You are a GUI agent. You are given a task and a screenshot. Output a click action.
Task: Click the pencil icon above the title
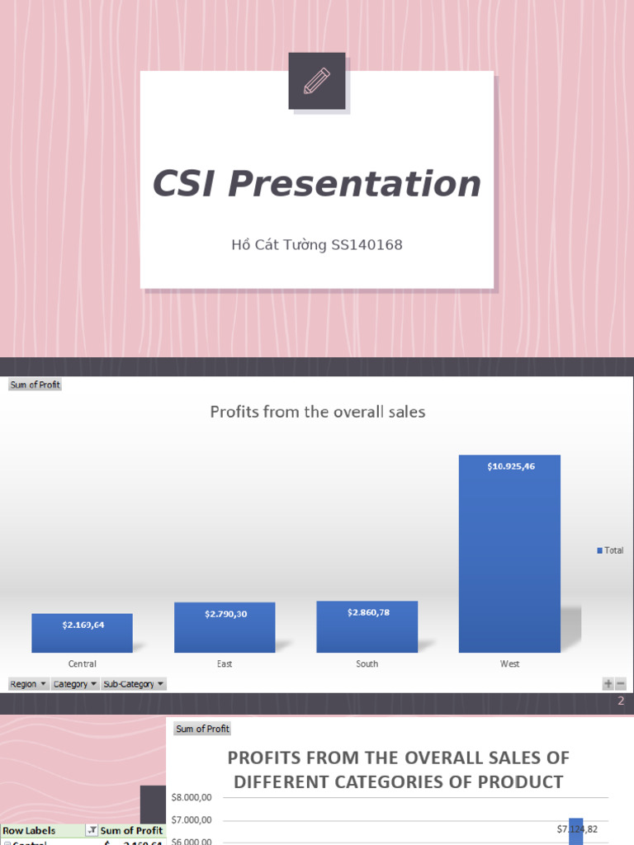(317, 81)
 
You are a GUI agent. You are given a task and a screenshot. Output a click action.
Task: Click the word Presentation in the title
(355, 183)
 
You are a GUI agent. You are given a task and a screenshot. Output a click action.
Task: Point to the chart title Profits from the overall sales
(318, 411)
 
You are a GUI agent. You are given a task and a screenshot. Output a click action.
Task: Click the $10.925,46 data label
(510, 467)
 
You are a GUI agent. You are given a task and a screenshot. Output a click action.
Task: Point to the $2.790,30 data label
(225, 614)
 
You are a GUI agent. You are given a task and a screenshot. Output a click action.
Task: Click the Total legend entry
(610, 550)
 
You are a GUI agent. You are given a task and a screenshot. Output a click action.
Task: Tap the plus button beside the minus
(608, 684)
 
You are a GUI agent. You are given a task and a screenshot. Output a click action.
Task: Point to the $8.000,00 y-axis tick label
(192, 797)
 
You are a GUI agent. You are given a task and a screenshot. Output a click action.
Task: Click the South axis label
(367, 664)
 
